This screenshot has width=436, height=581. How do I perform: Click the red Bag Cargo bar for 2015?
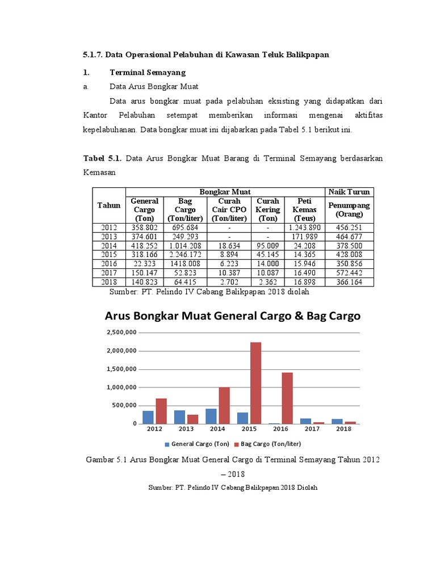255,383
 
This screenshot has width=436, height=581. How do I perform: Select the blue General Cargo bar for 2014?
211,416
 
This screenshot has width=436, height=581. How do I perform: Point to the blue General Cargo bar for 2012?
148,417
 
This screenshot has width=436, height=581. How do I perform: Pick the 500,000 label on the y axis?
124,406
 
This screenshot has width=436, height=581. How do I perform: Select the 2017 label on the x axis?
311,430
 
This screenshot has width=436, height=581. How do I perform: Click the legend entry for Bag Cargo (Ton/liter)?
270,444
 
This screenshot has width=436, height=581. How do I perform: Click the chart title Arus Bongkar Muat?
232,316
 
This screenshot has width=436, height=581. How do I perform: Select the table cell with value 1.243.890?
304,228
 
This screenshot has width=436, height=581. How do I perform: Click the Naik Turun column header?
349,192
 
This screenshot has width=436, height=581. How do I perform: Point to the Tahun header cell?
109,205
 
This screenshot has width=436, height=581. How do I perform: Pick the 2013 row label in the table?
109,237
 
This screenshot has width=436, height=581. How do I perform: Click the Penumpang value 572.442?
349,273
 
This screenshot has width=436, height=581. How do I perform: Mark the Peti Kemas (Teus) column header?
304,209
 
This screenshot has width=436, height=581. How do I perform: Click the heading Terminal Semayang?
147,73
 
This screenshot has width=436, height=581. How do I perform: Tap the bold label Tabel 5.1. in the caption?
102,158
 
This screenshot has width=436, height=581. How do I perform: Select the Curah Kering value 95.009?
267,246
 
